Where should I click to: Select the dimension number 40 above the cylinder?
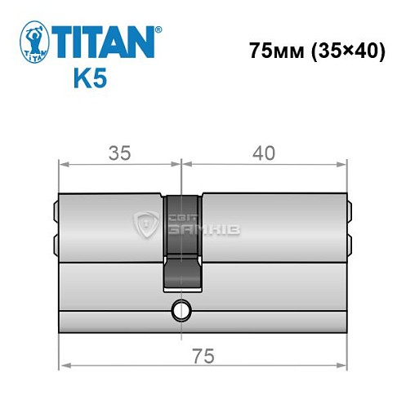pos(264,153)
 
